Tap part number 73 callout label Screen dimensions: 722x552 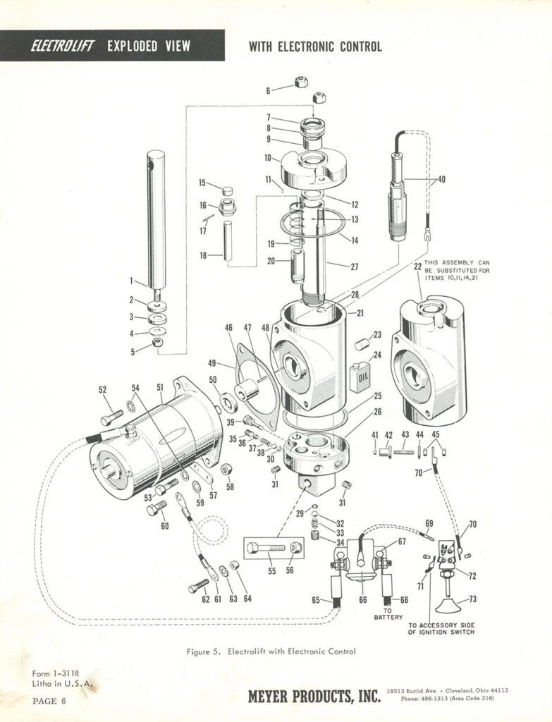point(472,599)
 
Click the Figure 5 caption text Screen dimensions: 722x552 point(271,651)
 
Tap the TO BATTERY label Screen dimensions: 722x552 point(388,613)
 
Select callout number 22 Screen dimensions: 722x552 point(418,267)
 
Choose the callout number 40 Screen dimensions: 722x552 point(441,180)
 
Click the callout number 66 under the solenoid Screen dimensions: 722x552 point(363,600)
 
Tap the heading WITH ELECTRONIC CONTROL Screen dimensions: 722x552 point(315,47)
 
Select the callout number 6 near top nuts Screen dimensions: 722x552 point(268,90)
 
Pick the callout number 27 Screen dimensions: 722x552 point(354,266)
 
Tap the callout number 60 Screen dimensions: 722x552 point(165,525)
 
